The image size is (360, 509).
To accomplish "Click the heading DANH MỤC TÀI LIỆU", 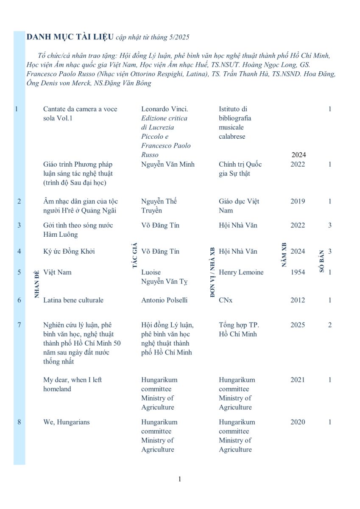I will pyautogui.click(x=70, y=37).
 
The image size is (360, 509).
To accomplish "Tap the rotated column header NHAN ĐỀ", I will pyautogui.click(x=37, y=284).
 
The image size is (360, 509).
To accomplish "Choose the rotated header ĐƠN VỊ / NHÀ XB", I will pyautogui.click(x=212, y=272).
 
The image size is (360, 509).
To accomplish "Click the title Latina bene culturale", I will pyautogui.click(x=73, y=300).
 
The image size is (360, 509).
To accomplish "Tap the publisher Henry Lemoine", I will pyautogui.click(x=241, y=272).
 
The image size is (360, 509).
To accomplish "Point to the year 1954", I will pyautogui.click(x=298, y=272).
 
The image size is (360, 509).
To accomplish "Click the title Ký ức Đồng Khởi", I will pyautogui.click(x=69, y=252).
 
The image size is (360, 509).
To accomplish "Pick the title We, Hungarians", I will pyautogui.click(x=66, y=422).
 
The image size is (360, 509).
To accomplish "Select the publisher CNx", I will pyautogui.click(x=226, y=300).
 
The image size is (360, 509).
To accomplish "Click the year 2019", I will pyautogui.click(x=298, y=201).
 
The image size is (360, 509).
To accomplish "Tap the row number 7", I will pyautogui.click(x=19, y=325).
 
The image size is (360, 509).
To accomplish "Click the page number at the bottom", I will pyautogui.click(x=180, y=479).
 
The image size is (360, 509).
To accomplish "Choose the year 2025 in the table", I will pyautogui.click(x=298, y=325).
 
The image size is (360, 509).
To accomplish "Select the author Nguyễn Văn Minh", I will pyautogui.click(x=168, y=164).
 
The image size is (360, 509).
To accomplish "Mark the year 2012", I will pyautogui.click(x=298, y=300).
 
